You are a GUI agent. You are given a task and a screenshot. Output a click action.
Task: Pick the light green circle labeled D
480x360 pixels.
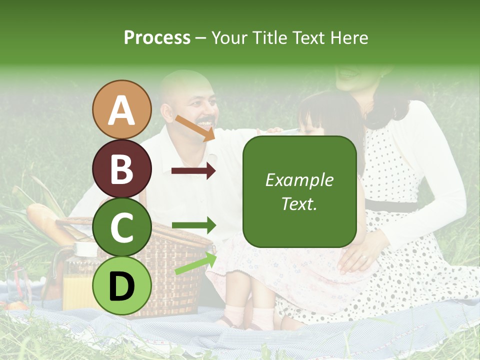pos(121,285)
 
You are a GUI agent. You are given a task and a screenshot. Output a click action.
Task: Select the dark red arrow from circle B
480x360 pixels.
pos(193,170)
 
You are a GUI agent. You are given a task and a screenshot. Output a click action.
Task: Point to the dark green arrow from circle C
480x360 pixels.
pos(193,225)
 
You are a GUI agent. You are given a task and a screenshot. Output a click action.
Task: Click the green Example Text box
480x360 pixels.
pos(299,191)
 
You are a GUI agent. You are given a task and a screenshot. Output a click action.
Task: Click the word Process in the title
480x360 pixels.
pos(157,37)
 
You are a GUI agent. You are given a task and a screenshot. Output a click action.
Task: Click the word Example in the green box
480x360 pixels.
pos(299,180)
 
